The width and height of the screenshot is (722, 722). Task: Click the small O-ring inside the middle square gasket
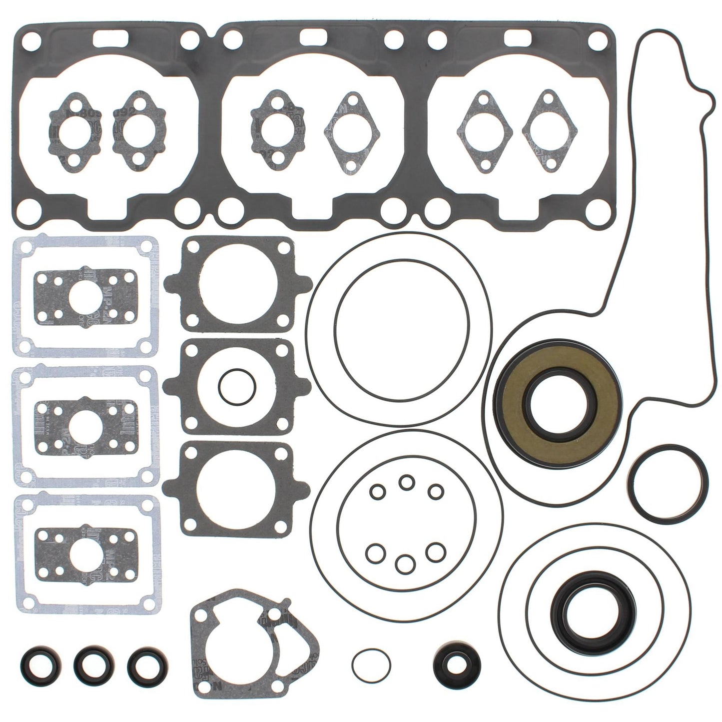point(237,387)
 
